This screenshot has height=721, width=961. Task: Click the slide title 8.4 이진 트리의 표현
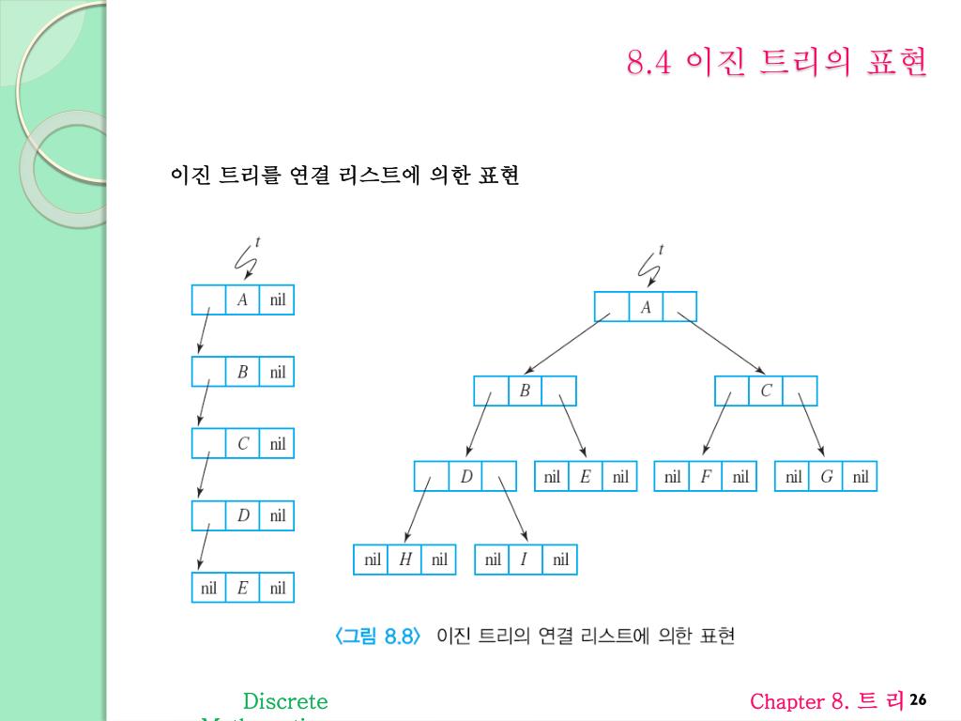(x=777, y=63)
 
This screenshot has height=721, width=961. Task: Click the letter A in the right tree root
(x=646, y=307)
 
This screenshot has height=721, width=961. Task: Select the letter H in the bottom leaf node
(x=405, y=560)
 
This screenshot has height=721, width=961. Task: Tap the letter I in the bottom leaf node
(x=525, y=560)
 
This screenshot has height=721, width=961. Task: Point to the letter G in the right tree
(x=826, y=477)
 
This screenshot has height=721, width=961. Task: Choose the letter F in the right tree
(x=706, y=477)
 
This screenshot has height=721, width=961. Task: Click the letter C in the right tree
(x=766, y=391)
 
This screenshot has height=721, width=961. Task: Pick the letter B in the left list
(x=242, y=372)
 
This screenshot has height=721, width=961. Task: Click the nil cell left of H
(x=373, y=560)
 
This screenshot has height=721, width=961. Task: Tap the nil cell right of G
(x=861, y=477)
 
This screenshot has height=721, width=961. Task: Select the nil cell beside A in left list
(x=278, y=300)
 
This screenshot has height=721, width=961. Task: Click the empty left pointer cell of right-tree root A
(x=611, y=307)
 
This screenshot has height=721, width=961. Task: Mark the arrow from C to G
(x=812, y=425)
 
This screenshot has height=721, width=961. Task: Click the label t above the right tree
(x=662, y=250)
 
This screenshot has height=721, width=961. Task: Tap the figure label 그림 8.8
(x=380, y=637)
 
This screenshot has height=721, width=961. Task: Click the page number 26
(x=918, y=700)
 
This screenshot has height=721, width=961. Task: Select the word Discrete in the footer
(x=285, y=701)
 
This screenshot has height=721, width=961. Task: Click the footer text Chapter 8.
(x=800, y=701)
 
